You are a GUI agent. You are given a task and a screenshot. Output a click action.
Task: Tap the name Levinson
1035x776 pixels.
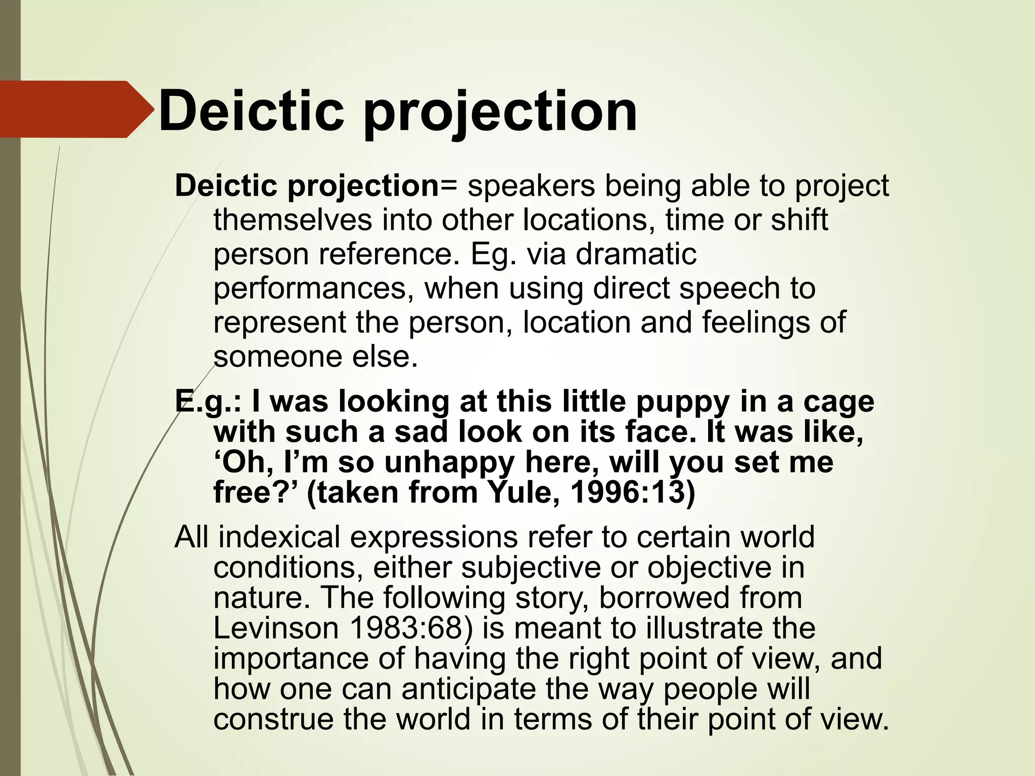point(276,628)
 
